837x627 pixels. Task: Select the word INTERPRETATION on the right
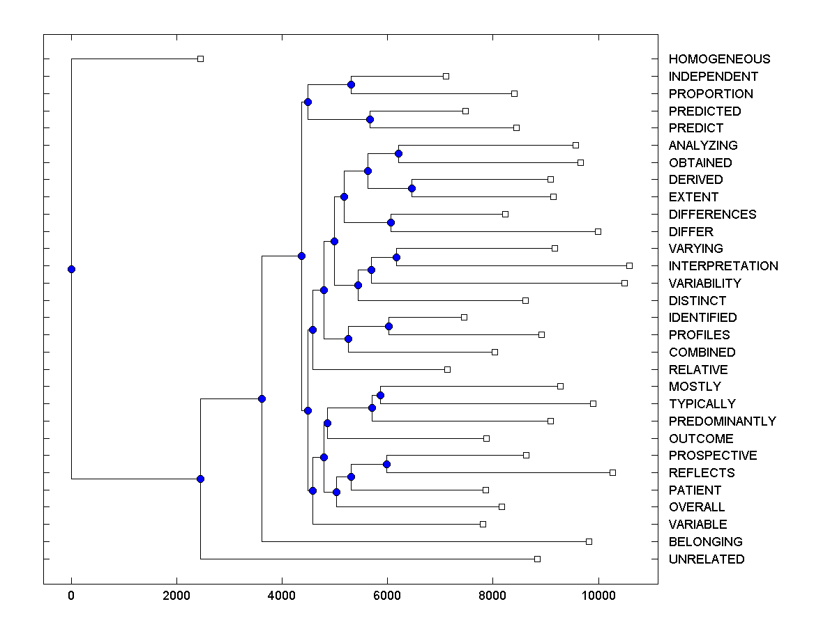(723, 266)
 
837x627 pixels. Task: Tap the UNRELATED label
(706, 559)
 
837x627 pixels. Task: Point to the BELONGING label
(705, 542)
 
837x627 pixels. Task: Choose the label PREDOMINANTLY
(722, 421)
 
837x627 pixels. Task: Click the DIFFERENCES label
(712, 215)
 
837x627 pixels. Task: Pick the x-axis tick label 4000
(282, 596)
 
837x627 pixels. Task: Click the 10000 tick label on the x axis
(598, 596)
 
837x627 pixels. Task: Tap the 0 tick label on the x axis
(71, 596)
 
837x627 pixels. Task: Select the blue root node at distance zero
(71, 269)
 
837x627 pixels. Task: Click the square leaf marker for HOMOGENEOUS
(200, 59)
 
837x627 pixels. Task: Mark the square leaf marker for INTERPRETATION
(629, 265)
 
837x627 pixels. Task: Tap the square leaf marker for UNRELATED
(537, 559)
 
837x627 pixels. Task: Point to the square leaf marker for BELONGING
(589, 541)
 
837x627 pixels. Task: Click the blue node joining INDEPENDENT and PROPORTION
(351, 84)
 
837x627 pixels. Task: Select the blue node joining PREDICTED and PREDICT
(370, 119)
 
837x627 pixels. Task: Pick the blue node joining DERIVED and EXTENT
(412, 188)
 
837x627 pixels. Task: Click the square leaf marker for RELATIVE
(447, 369)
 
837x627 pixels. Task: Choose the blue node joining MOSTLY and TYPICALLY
(380, 395)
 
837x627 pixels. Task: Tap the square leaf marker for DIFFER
(598, 231)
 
